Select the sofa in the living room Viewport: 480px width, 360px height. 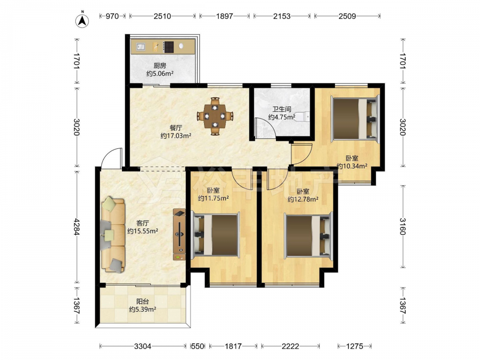[113, 235]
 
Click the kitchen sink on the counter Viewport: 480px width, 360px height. [141, 47]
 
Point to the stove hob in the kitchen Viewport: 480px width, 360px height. [168, 47]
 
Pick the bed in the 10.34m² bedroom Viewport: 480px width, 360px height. [355, 118]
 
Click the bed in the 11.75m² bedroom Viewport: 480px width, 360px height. [215, 235]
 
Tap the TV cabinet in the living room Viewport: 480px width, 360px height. [180, 235]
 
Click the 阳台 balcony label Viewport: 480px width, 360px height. [143, 301]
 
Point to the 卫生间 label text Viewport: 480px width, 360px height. [282, 109]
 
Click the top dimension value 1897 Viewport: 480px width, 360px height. [225, 16]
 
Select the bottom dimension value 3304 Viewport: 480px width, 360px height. [143, 346]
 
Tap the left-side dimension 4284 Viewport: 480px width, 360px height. [76, 227]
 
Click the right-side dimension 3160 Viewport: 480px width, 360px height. [403, 227]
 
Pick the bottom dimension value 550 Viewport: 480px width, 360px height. [198, 346]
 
